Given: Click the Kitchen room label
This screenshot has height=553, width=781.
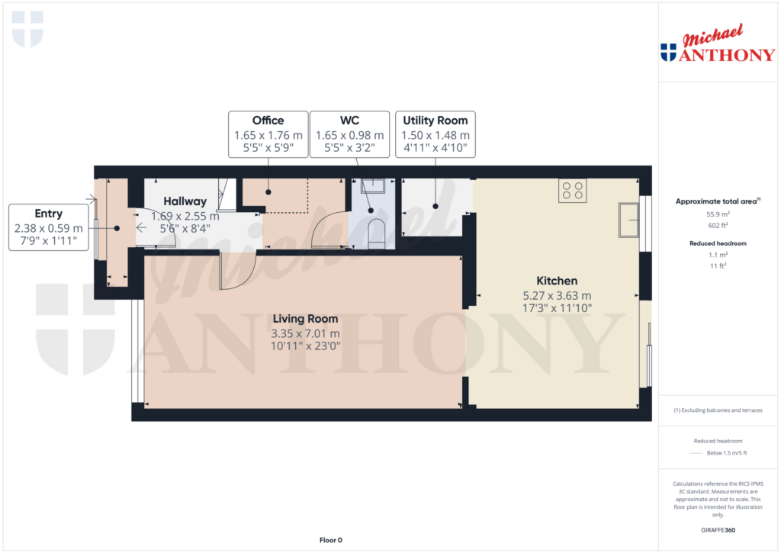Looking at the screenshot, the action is tap(557, 281).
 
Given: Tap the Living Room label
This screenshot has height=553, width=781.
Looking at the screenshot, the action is tap(305, 319).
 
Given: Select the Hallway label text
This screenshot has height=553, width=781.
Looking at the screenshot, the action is tap(185, 201).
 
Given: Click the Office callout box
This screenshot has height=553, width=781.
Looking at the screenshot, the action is tap(268, 134).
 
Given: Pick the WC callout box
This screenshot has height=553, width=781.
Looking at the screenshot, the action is tap(349, 134).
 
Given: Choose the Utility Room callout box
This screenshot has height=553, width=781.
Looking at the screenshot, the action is tap(435, 134).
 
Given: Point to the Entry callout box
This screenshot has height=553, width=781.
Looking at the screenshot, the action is tap(48, 227).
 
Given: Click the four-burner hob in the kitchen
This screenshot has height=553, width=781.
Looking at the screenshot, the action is tap(572, 191).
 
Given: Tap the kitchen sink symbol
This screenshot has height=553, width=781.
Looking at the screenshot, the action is tap(628, 220).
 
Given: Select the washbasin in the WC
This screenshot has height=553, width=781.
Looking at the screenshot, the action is tap(373, 186).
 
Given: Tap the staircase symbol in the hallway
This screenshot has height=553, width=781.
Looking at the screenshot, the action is tap(227, 195).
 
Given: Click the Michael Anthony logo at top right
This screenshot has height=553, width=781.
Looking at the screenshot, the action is tap(718, 43).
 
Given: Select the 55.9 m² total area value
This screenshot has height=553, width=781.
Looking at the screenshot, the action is tap(718, 214).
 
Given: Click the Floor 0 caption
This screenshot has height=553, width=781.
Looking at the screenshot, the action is tap(331, 540).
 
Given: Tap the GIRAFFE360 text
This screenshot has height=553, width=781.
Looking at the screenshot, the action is tap(718, 530).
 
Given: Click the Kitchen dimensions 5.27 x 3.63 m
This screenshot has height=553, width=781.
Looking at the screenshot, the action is tap(557, 295).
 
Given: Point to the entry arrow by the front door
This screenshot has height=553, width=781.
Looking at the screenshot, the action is tap(141, 227).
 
